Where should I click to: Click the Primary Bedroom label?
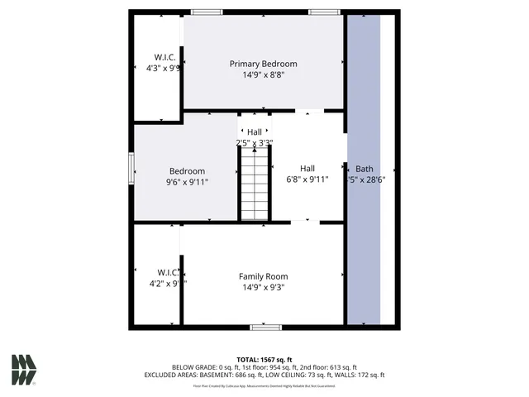point(263,64)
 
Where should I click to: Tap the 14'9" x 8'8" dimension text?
point(263,75)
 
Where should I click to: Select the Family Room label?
point(263,276)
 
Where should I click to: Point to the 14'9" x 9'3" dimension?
point(263,288)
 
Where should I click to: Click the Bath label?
point(365,168)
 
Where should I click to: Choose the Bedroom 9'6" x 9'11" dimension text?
point(187,182)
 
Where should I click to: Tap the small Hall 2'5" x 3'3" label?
point(254,132)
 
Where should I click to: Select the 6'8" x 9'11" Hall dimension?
point(307,179)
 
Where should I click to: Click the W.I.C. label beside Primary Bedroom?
point(158,57)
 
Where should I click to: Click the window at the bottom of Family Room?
point(266,328)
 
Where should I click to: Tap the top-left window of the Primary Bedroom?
point(207,12)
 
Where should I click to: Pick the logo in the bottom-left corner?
point(24,370)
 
